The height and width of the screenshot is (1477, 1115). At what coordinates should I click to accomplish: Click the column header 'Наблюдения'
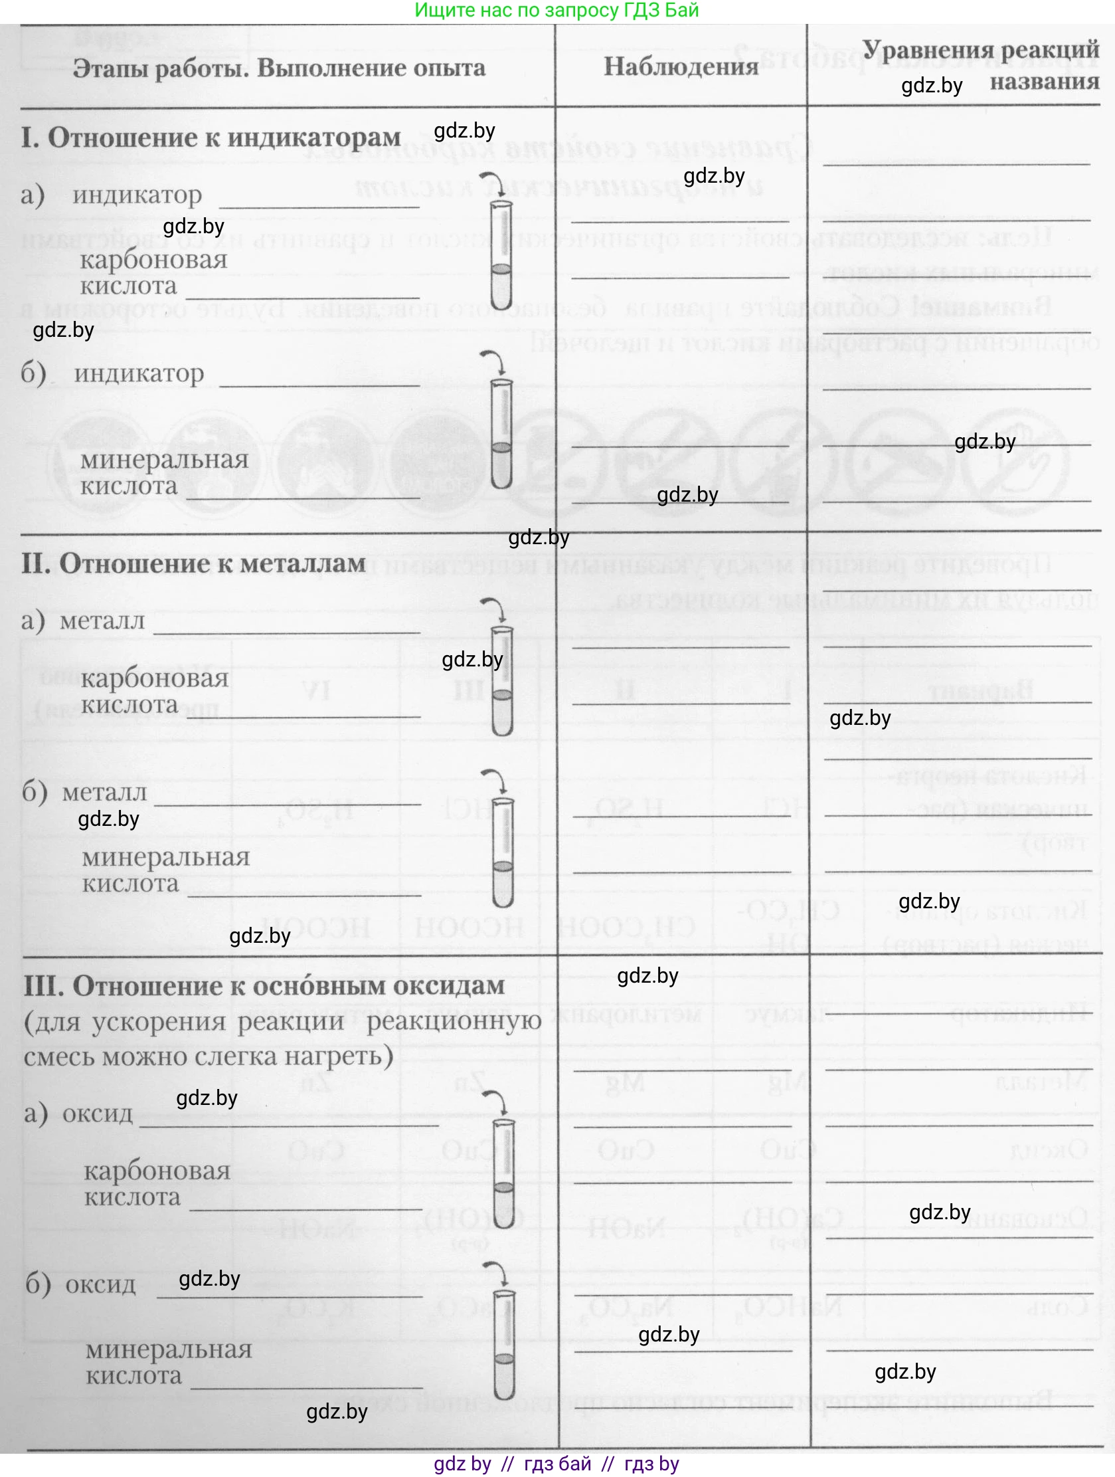point(681,66)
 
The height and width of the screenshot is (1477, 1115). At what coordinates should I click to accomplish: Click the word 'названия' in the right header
point(1044,82)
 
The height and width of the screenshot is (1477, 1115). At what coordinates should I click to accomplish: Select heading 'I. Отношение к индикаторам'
point(211,138)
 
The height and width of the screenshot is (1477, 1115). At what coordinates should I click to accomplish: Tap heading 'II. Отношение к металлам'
point(193,563)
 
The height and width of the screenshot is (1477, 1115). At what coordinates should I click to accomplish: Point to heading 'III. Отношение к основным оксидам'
point(264,986)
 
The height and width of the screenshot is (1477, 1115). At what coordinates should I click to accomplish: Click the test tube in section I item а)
point(501,254)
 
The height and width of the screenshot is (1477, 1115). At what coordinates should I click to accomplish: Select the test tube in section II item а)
point(502,681)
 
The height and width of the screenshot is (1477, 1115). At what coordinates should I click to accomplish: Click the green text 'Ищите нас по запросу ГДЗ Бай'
point(557,10)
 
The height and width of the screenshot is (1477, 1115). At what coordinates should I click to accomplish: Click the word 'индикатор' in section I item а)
point(137,195)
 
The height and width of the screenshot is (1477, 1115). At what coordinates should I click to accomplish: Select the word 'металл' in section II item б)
point(105,793)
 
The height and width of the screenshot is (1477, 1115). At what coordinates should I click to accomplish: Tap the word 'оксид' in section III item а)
point(98,1114)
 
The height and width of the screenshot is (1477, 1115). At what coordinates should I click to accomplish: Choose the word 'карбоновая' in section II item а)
point(155,678)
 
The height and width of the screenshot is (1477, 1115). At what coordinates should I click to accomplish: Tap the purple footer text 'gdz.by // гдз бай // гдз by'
point(557,1464)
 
